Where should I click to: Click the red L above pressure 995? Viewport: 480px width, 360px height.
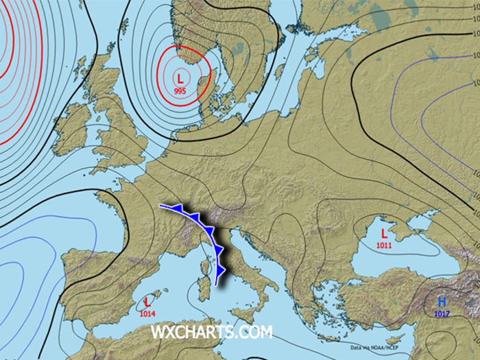[x=180, y=77]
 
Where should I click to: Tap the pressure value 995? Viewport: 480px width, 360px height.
[x=180, y=91]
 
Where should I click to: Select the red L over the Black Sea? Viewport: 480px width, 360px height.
[x=383, y=233]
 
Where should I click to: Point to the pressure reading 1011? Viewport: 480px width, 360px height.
[x=384, y=244]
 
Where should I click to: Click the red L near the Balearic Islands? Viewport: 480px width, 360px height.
[x=147, y=302]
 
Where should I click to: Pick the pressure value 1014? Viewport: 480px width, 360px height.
[x=147, y=313]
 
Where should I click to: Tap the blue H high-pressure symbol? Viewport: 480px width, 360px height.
[x=442, y=302]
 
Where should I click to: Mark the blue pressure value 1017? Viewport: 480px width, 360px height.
[x=442, y=313]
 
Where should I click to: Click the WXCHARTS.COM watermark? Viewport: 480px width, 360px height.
[x=211, y=333]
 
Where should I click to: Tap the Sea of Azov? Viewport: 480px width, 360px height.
[x=412, y=210]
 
